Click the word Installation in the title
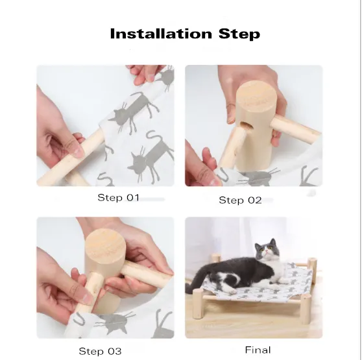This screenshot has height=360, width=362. [x=161, y=34]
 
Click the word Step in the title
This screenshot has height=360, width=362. [x=239, y=34]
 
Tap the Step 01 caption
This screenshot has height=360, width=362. [x=118, y=198]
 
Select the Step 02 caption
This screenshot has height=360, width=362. [x=240, y=200]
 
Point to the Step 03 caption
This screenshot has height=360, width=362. [x=100, y=351]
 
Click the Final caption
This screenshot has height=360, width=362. [x=258, y=350]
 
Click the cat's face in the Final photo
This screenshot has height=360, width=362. [x=266, y=250]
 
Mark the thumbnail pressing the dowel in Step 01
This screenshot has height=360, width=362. [x=78, y=151]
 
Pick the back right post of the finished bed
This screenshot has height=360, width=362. [x=312, y=266]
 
